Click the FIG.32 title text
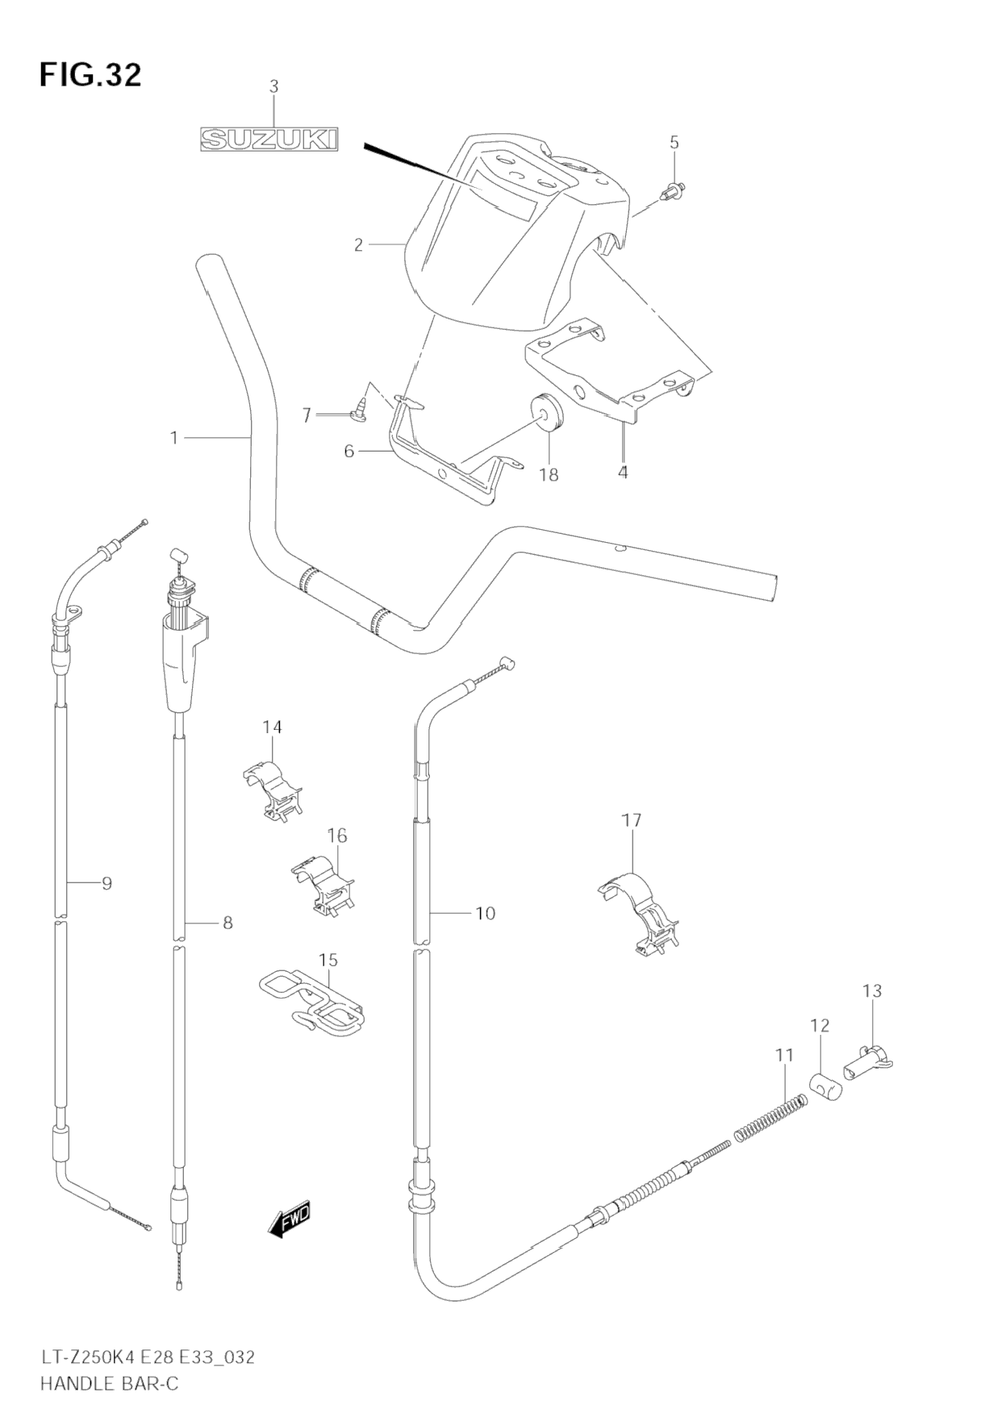tap(90, 75)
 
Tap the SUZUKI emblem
tap(269, 140)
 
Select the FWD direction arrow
tap(290, 1220)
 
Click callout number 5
tap(674, 143)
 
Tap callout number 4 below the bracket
tap(622, 473)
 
